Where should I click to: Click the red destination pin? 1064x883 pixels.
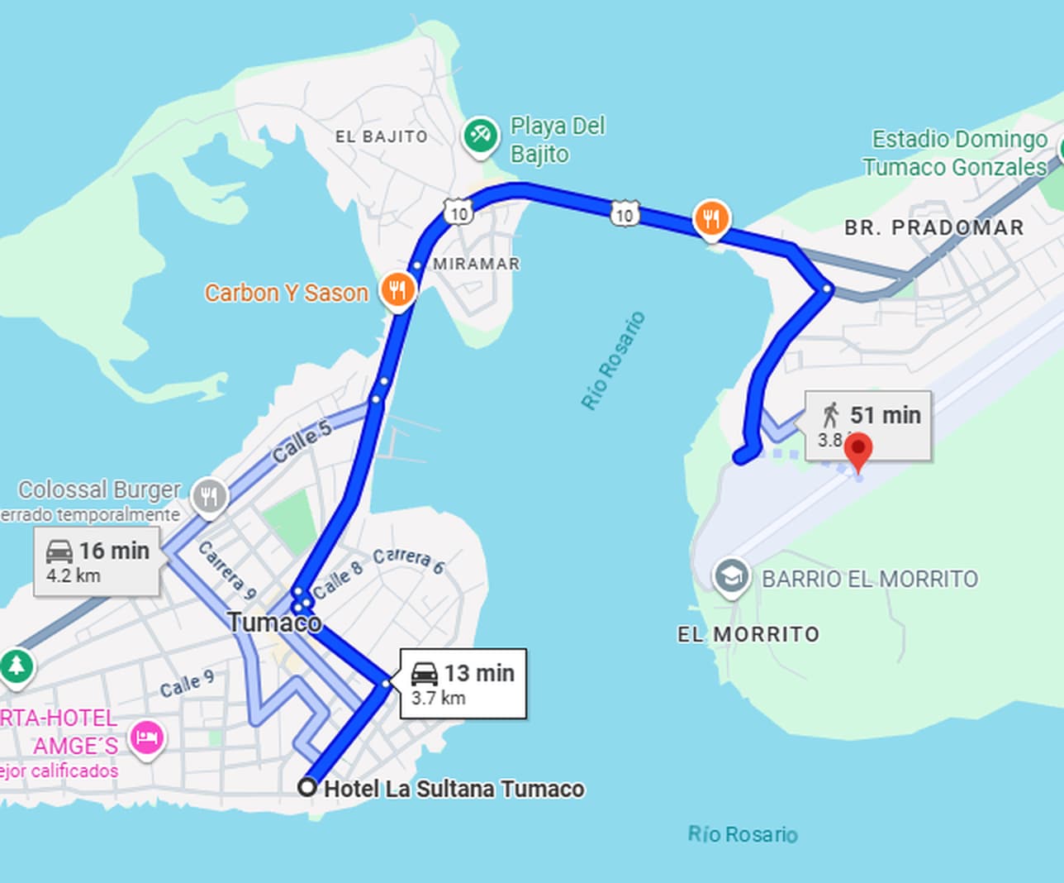pos(858,450)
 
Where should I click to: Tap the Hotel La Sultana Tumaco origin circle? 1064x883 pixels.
pos(308,787)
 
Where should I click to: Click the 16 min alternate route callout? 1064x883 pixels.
pos(97,561)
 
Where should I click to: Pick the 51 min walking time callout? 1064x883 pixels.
pos(868,424)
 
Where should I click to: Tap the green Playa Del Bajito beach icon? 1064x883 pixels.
pos(480,135)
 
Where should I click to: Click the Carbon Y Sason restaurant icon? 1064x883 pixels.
pos(398,290)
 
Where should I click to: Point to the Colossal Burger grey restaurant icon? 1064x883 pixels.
pos(209,497)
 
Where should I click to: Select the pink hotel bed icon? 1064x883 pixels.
pos(147,736)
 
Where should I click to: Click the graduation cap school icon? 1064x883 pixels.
pos(731,575)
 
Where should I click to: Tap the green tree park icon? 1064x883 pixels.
pos(16,665)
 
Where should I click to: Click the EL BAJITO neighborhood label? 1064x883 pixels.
pos(382,136)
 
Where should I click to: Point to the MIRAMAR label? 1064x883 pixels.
pos(477,264)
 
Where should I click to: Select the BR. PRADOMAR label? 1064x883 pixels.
pos(933,227)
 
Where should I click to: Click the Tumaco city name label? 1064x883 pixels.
pos(274,622)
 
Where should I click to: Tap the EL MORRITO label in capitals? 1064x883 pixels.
pos(748,634)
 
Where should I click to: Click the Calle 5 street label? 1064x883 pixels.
pos(302,441)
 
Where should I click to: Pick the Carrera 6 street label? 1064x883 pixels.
pos(408,560)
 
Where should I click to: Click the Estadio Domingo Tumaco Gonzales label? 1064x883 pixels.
pos(955,153)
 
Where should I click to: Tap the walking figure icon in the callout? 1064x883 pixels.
pos(831,414)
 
